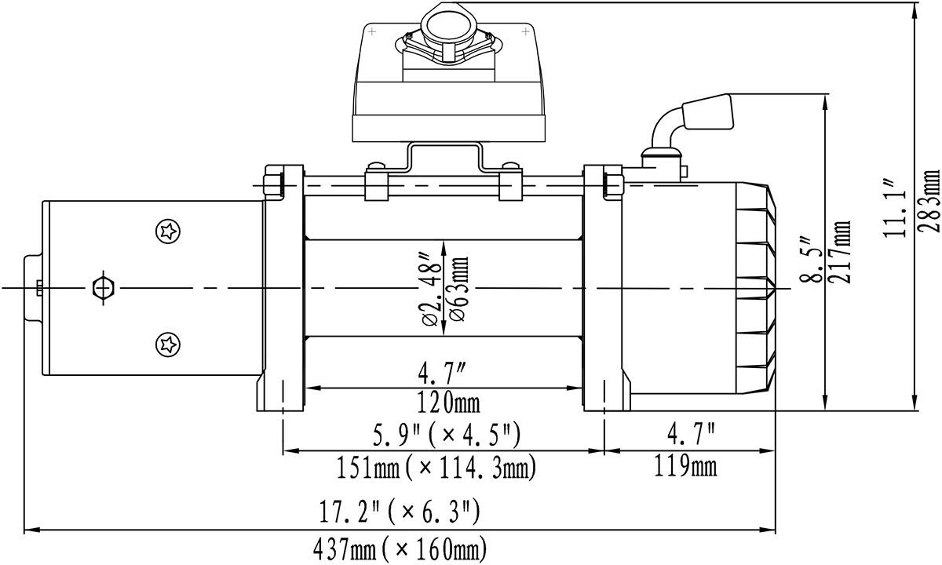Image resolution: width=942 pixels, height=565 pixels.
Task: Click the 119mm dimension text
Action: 685,467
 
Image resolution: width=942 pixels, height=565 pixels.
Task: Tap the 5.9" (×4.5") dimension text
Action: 444,434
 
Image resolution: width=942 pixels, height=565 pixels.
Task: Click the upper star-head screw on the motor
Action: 166,231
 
